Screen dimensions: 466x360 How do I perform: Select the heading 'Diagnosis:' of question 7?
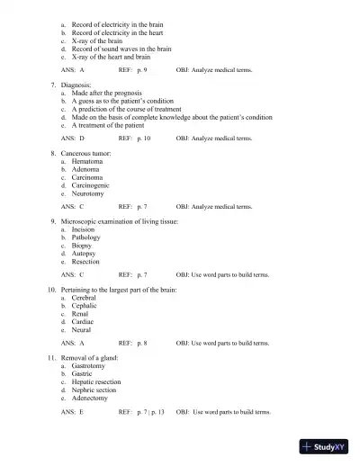tap(78, 84)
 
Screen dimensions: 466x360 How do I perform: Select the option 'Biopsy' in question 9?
tap(84, 245)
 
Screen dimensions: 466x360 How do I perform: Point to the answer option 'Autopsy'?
tap(85, 253)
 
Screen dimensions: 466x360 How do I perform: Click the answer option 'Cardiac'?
tap(85, 321)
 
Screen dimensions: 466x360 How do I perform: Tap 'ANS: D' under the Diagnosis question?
tap(72, 139)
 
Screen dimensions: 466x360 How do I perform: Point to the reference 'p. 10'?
tap(143, 139)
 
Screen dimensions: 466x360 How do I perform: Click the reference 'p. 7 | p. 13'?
tap(150, 411)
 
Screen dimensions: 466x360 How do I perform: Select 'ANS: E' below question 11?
tap(72, 411)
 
